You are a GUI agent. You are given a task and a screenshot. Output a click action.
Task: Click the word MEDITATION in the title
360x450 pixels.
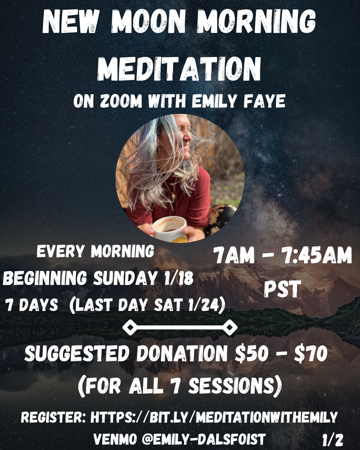coord(179,69)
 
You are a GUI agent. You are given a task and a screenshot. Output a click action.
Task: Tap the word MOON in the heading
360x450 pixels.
coord(148,22)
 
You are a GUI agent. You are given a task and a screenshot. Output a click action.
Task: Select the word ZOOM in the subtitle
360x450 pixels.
coord(121,101)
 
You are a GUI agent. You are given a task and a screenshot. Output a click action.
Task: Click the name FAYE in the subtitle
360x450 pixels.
coord(264,101)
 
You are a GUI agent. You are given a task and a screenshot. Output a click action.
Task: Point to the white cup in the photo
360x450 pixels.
coord(169,229)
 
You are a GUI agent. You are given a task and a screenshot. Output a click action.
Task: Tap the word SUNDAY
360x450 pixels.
coord(125,278)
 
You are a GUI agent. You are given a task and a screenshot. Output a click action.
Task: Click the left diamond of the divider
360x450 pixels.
coord(130,328)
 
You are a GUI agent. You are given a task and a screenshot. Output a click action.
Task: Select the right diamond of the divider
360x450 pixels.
coord(230,328)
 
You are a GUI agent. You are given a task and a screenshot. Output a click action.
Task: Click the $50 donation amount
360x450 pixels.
coord(252,354)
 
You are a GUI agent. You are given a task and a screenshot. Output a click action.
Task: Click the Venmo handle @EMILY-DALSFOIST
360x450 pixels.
coord(203,439)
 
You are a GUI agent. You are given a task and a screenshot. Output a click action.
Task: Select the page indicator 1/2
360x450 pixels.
coord(332,440)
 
